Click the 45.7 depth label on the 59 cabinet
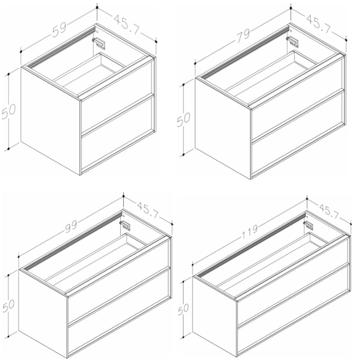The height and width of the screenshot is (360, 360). (x=126, y=25)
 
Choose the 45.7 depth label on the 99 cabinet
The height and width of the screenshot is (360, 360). (x=148, y=210)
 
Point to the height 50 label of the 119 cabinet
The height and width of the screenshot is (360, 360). (x=183, y=309)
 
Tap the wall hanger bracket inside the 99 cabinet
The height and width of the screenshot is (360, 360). (x=125, y=225)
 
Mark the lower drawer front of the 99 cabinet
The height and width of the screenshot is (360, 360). (x=120, y=313)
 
